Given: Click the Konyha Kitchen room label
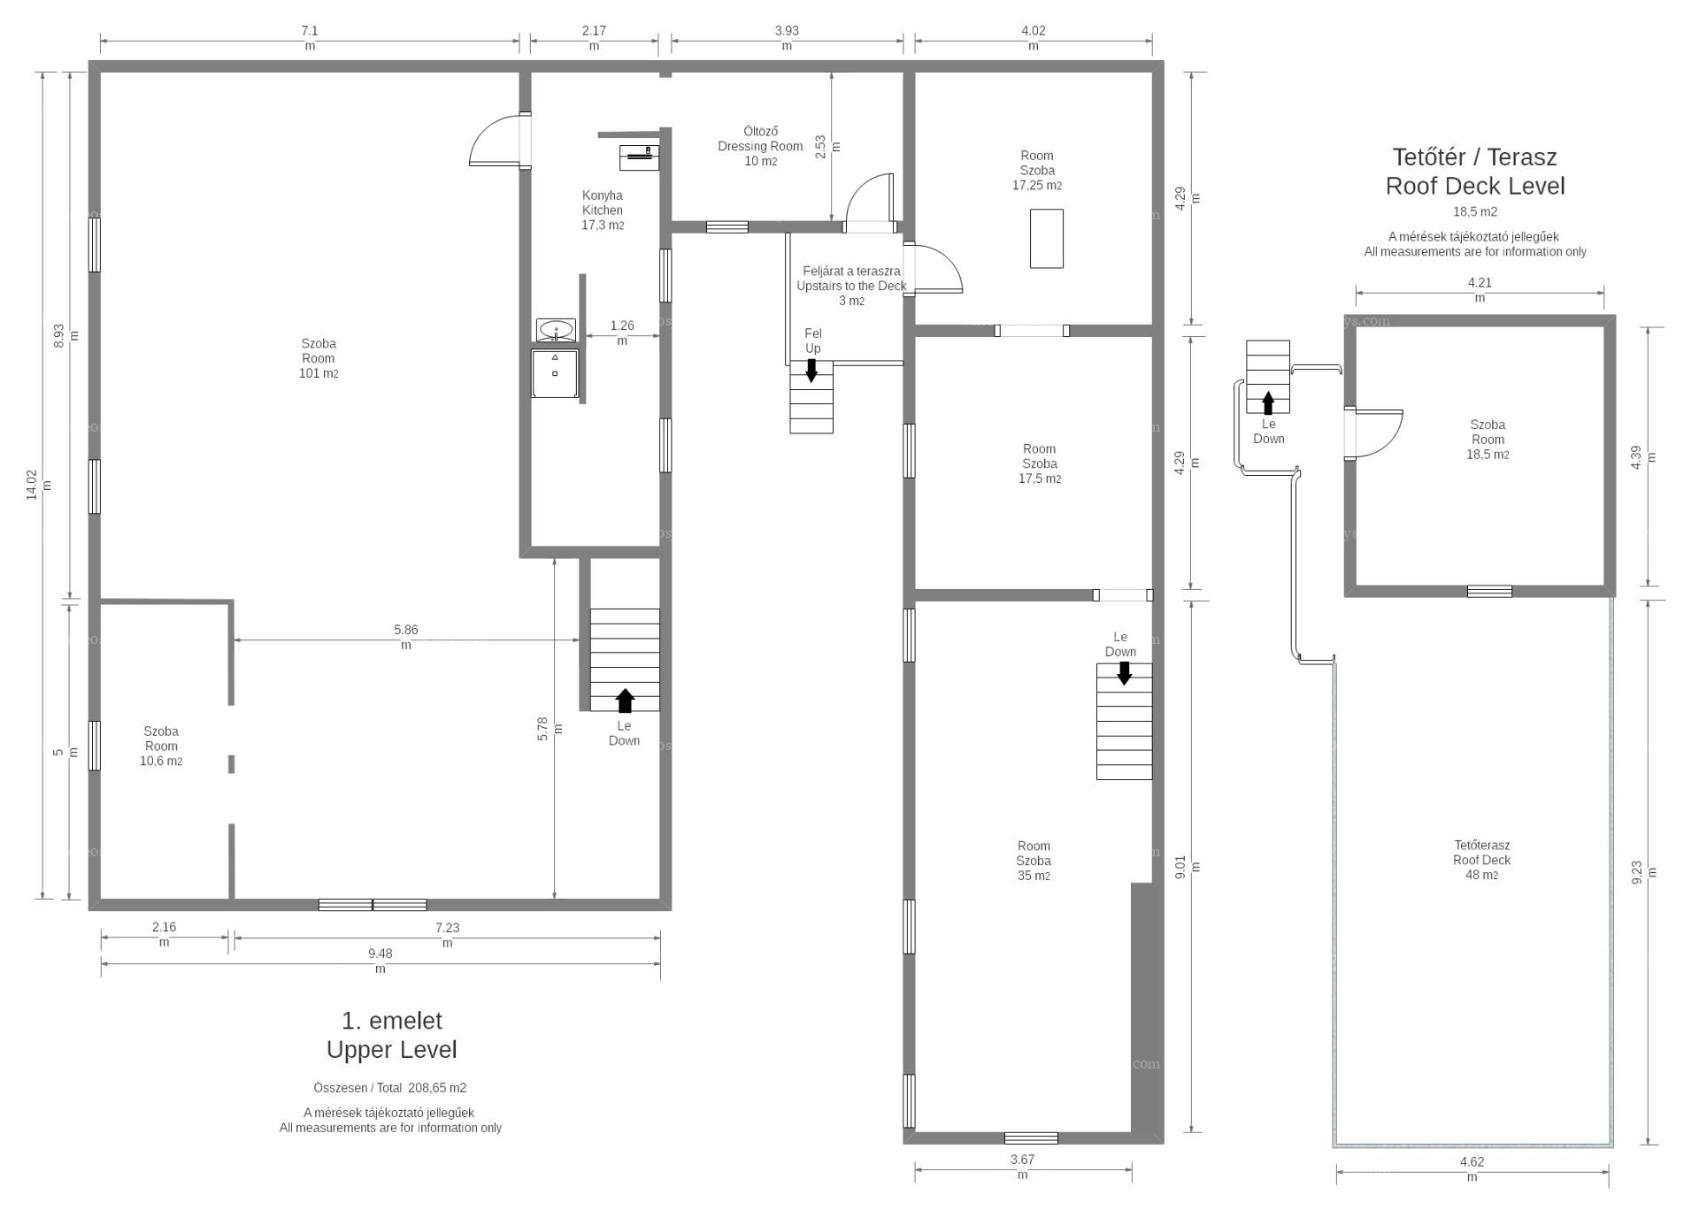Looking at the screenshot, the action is click(x=603, y=211).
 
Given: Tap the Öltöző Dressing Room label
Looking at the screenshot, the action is click(x=760, y=147).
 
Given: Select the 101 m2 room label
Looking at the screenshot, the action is click(x=319, y=358).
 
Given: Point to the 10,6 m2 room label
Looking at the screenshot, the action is click(x=161, y=746).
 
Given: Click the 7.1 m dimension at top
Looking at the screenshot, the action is click(x=310, y=37).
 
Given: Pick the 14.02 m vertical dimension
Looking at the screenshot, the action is click(x=39, y=485).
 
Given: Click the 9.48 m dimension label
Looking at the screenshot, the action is click(x=381, y=961).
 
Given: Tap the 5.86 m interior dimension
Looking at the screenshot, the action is click(x=406, y=637).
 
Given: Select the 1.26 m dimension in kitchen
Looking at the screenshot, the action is click(x=622, y=333).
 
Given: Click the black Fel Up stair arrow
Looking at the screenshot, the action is click(x=811, y=371).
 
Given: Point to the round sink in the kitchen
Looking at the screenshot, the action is click(x=556, y=330).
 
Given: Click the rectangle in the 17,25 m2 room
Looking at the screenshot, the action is click(x=1047, y=238).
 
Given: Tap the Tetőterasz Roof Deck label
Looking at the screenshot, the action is click(x=1482, y=860).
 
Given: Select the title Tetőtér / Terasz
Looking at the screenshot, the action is click(x=1475, y=157).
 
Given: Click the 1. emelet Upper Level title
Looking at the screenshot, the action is click(x=392, y=1035).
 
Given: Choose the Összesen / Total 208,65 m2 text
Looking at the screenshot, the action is click(x=390, y=1088).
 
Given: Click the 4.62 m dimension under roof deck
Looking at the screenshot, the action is click(x=1472, y=1168).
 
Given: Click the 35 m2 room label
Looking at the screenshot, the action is click(x=1034, y=861).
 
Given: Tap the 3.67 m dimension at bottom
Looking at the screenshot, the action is click(x=1023, y=1166).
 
